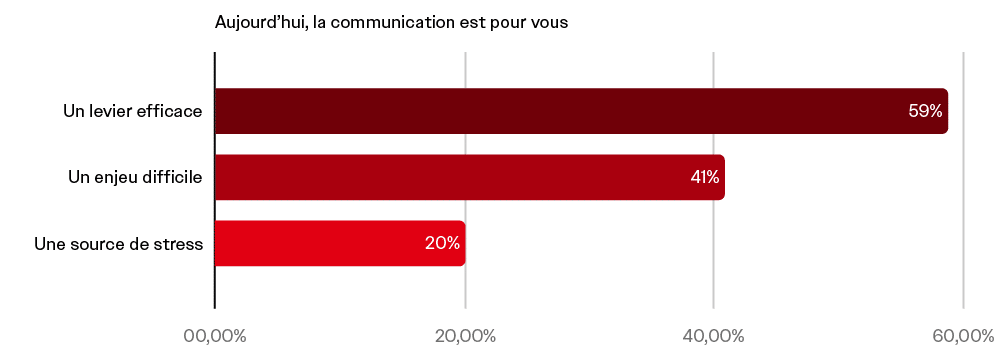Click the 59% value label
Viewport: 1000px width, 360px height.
point(925,111)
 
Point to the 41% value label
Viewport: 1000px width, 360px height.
point(704,177)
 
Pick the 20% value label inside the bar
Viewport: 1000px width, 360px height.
point(442,243)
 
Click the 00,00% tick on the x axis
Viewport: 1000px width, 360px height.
point(215,335)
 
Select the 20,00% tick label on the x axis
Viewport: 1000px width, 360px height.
point(465,335)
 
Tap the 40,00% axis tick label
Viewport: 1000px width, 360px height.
point(713,335)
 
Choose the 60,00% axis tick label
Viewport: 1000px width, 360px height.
point(962,335)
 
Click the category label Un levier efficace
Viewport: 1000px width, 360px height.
point(132,111)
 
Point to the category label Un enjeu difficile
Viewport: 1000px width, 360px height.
point(135,177)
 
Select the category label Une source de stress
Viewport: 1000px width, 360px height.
point(118,243)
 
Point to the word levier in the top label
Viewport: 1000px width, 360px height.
point(111,111)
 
